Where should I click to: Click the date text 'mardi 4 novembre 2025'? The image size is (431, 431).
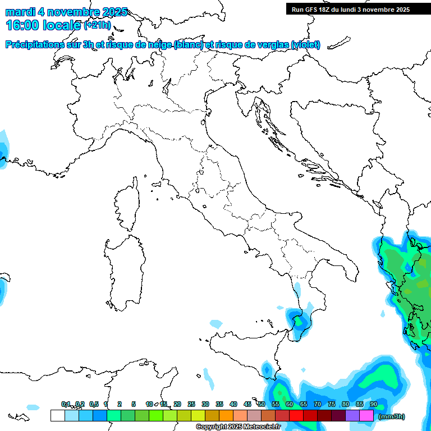point(66,12)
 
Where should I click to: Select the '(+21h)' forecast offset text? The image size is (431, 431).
point(97,25)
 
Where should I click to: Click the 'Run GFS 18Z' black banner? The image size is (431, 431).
point(350,10)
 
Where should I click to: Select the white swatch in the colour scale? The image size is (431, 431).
point(57,416)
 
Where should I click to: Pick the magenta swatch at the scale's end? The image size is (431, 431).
point(366,416)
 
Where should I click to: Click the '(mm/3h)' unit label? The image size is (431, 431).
point(392,416)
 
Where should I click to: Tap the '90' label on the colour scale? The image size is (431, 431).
point(373,404)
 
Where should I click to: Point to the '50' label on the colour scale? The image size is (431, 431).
point(262,404)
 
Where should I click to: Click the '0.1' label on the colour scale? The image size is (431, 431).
point(66,404)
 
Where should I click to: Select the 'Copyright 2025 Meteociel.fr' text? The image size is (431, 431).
point(238,427)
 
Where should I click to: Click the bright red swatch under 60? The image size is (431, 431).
point(296,416)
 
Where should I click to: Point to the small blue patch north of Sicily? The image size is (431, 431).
point(216,324)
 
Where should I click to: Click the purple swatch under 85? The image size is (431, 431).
point(352,416)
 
